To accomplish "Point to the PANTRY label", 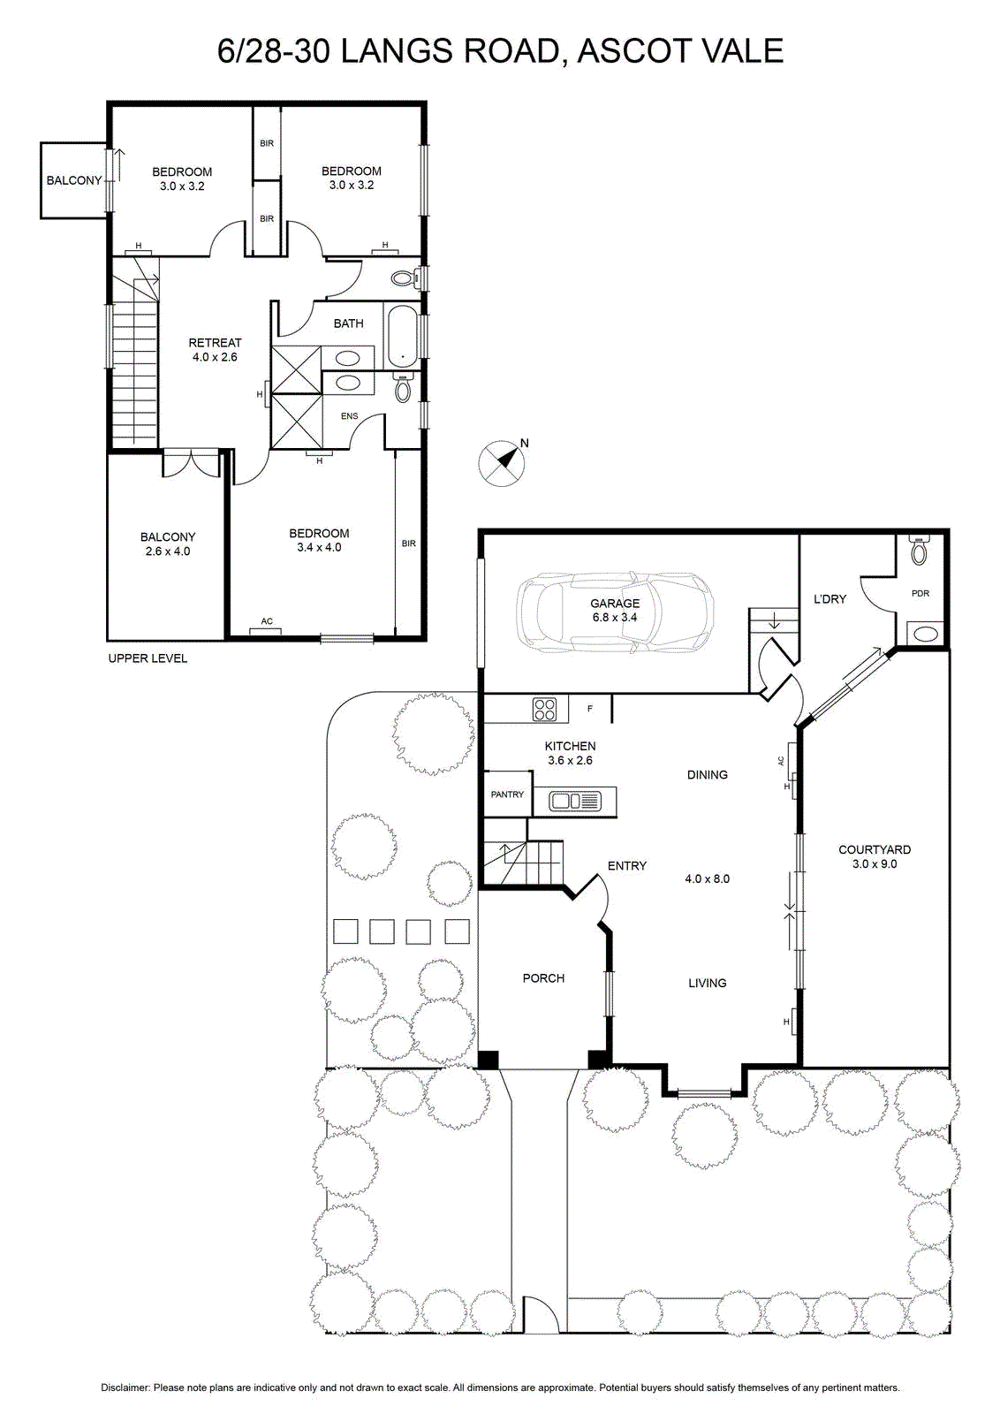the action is click(507, 794).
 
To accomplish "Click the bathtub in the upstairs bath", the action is click(401, 337).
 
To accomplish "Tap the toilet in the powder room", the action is click(920, 551).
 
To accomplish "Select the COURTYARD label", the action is click(875, 849).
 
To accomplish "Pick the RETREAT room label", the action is click(216, 343).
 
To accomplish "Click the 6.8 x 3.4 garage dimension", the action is click(615, 618).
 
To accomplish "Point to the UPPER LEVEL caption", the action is click(148, 658).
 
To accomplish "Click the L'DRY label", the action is click(830, 598).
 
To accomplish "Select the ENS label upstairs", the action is click(349, 416).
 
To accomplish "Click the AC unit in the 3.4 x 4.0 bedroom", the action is click(267, 629).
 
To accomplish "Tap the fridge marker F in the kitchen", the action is click(590, 709).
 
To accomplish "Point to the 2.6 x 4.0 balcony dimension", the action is click(167, 551).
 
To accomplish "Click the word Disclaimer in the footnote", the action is click(125, 1387).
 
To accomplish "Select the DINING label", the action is click(708, 774).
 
